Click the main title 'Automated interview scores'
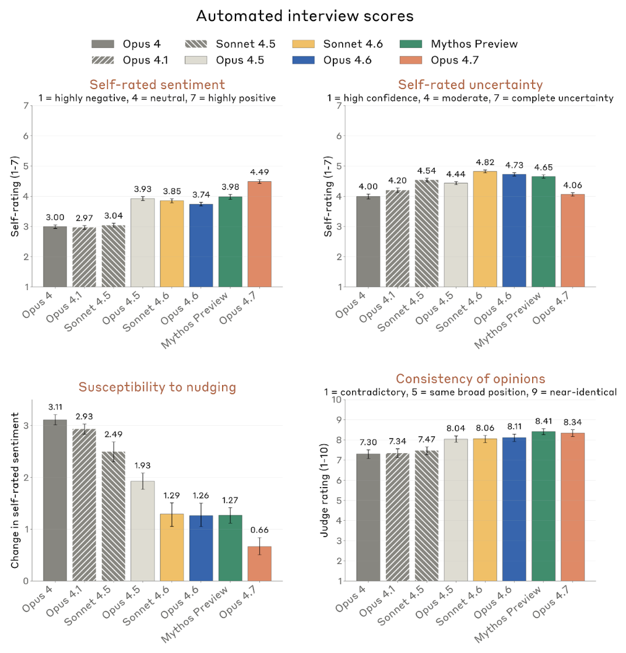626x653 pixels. click(x=305, y=16)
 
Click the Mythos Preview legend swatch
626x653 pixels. click(x=413, y=44)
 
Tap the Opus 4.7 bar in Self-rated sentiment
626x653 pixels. click(x=259, y=234)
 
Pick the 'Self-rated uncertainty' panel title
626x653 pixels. click(x=470, y=85)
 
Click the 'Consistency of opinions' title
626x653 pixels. click(x=470, y=379)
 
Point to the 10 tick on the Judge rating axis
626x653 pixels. click(x=336, y=400)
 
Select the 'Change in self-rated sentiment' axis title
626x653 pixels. click(x=16, y=490)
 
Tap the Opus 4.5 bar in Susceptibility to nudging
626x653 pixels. click(x=143, y=531)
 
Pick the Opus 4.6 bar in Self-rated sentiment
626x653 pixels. click(x=201, y=245)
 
